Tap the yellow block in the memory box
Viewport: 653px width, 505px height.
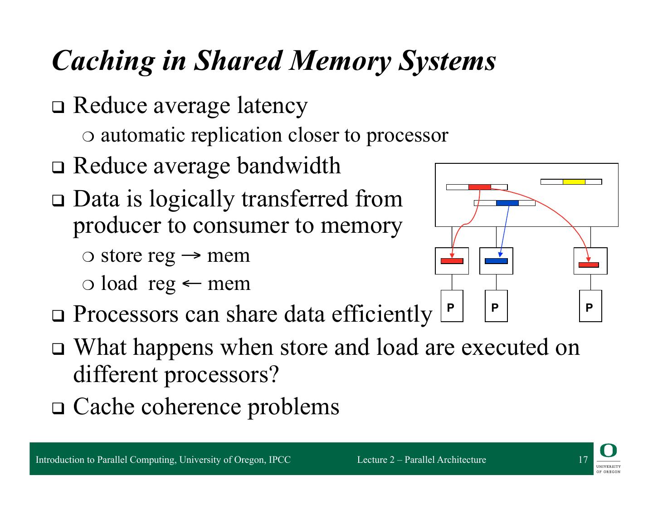click(x=574, y=182)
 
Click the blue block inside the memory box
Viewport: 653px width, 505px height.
click(x=507, y=203)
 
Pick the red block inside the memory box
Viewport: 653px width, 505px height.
click(x=479, y=187)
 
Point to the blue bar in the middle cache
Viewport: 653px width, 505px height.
click(x=496, y=261)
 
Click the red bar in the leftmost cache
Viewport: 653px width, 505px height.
click(x=452, y=261)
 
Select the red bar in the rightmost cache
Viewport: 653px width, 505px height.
click(x=589, y=265)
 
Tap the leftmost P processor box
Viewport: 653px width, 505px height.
click(x=452, y=306)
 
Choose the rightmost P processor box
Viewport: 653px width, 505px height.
click(x=590, y=306)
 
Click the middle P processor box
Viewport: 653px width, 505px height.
click(x=496, y=306)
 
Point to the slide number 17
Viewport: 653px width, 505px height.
click(x=583, y=460)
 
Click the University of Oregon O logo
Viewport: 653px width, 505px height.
click(x=608, y=451)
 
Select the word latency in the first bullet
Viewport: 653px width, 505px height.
click(x=272, y=106)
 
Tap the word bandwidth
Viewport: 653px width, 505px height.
click(x=288, y=166)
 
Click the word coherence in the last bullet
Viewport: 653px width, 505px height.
click(x=191, y=407)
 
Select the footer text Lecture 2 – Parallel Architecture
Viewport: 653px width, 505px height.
click(x=421, y=460)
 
